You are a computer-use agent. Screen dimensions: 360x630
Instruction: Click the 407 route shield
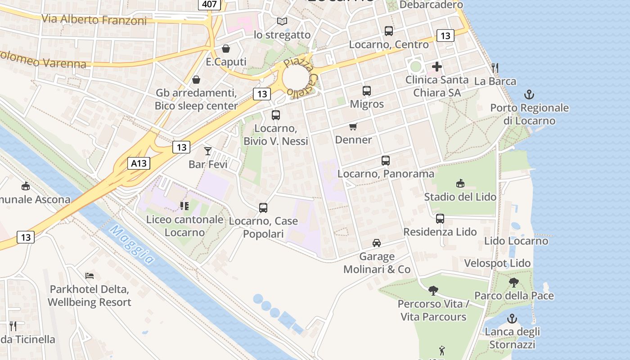[x=209, y=4]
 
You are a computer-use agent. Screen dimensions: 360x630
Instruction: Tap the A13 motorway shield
[x=139, y=163]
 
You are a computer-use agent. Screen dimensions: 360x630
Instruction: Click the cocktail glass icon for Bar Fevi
[x=207, y=151]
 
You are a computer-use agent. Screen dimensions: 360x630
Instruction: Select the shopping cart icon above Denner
[x=353, y=127]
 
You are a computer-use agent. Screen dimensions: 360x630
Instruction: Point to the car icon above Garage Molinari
[x=377, y=243]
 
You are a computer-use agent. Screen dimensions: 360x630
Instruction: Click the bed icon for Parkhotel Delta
[x=90, y=275]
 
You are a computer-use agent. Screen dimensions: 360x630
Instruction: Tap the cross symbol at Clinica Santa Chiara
[x=436, y=67]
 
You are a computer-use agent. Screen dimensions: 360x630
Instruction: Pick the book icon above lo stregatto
[x=282, y=21]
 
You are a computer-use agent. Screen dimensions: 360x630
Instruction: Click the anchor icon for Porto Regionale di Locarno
[x=529, y=94]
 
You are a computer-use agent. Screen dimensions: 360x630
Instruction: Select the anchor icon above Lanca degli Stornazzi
[x=512, y=319]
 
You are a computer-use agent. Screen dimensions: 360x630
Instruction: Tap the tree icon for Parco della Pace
[x=513, y=283]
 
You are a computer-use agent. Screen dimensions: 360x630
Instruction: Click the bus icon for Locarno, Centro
[x=389, y=31]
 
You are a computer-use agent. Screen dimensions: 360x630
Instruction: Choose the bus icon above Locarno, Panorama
[x=386, y=161]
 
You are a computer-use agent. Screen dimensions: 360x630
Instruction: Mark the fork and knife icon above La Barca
[x=495, y=68]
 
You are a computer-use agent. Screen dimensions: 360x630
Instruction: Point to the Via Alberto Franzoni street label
[x=94, y=20]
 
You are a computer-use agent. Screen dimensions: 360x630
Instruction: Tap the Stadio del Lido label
[x=460, y=197]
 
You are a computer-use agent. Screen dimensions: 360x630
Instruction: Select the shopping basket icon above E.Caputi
[x=226, y=49]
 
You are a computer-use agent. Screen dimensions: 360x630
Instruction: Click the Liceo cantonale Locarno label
[x=184, y=226]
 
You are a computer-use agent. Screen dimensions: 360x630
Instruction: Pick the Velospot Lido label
[x=497, y=263]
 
